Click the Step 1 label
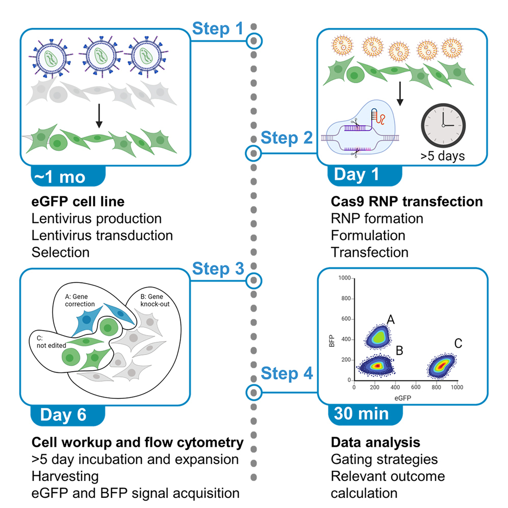click(218, 29)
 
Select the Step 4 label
click(287, 374)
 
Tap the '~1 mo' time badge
click(60, 176)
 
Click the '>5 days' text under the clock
click(443, 156)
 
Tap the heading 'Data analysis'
click(375, 442)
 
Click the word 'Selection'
click(60, 252)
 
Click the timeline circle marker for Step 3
click(254, 280)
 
